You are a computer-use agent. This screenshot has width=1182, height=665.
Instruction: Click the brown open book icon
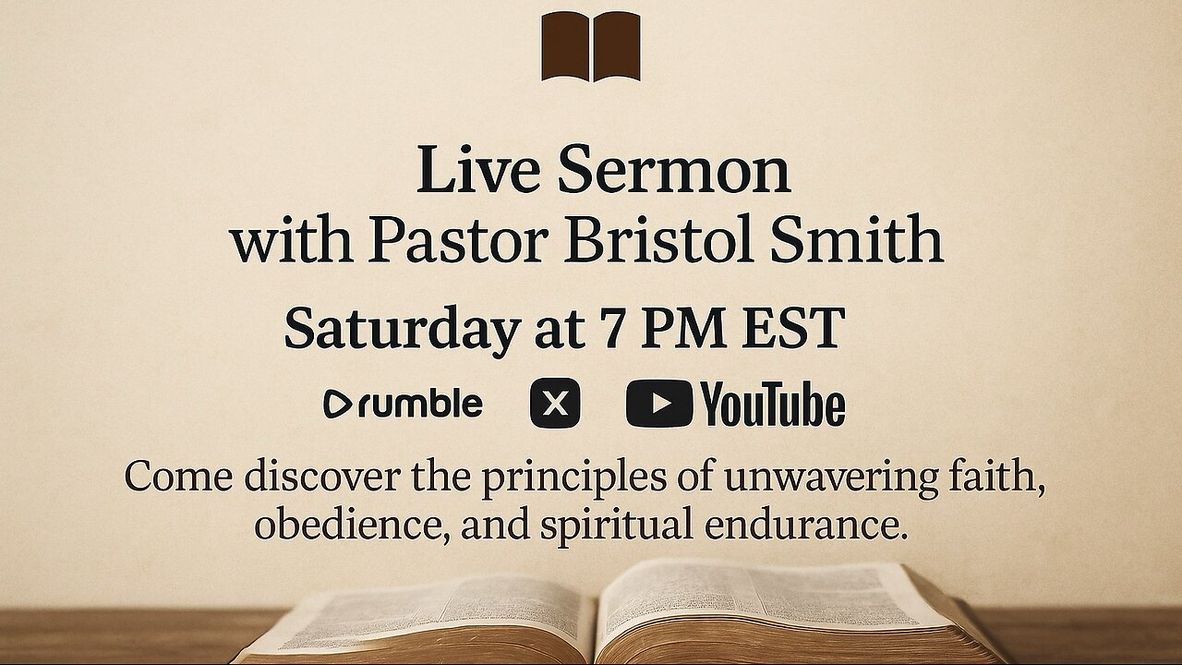click(x=591, y=46)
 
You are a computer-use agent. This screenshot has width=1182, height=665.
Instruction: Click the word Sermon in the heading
click(x=674, y=170)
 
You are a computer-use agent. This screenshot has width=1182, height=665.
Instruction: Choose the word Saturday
click(x=401, y=329)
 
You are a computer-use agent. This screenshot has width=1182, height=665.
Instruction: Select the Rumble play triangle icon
click(x=337, y=405)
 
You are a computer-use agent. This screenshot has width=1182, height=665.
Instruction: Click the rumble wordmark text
click(x=419, y=404)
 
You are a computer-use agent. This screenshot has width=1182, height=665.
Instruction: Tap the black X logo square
click(x=555, y=404)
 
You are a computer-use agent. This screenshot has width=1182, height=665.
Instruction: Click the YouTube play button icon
click(x=658, y=405)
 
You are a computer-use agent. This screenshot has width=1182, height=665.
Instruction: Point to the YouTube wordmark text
click(x=772, y=405)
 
